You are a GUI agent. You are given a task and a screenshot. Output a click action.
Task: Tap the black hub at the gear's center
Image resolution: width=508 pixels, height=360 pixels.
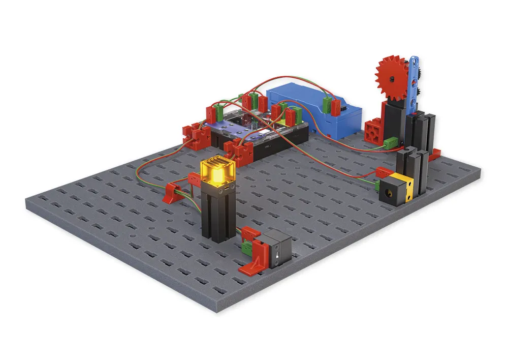pyautogui.click(x=393, y=79)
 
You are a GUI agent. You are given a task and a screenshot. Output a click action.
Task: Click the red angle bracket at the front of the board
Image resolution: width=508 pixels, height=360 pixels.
pyautogui.click(x=254, y=262)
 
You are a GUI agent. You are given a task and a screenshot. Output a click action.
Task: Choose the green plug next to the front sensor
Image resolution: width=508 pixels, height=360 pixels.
pyautogui.click(x=247, y=248)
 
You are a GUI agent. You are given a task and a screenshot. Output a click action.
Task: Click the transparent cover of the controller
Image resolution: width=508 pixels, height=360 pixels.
pyautogui.click(x=244, y=122)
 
